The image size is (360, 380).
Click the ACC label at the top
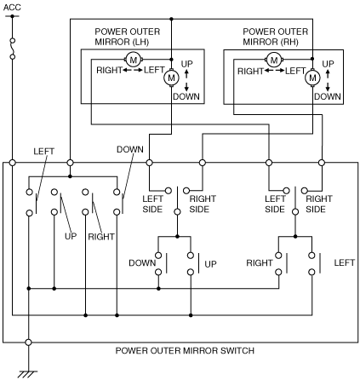(12, 7)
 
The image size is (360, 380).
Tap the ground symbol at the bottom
(27, 374)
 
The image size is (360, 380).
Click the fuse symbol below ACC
(12, 49)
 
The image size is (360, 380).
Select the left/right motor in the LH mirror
(133, 60)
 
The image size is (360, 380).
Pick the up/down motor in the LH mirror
(171, 78)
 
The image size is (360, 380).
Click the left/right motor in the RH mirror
(274, 60)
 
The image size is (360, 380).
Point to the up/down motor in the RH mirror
(312, 78)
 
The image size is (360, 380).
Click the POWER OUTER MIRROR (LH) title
(127, 37)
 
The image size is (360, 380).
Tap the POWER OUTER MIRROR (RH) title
(275, 37)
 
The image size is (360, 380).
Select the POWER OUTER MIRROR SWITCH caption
(185, 350)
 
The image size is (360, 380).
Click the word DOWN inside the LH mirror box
(186, 96)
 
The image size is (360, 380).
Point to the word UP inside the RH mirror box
(328, 64)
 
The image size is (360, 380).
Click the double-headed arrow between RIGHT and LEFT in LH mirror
(133, 70)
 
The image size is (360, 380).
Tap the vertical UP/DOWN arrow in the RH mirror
(328, 80)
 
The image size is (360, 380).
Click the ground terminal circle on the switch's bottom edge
(28, 343)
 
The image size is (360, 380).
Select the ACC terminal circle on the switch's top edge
(12, 163)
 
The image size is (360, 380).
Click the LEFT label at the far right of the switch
(344, 262)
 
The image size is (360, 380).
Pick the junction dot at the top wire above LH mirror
(171, 19)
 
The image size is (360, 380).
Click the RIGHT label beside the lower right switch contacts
(260, 263)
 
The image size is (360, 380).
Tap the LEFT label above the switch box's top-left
(43, 152)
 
